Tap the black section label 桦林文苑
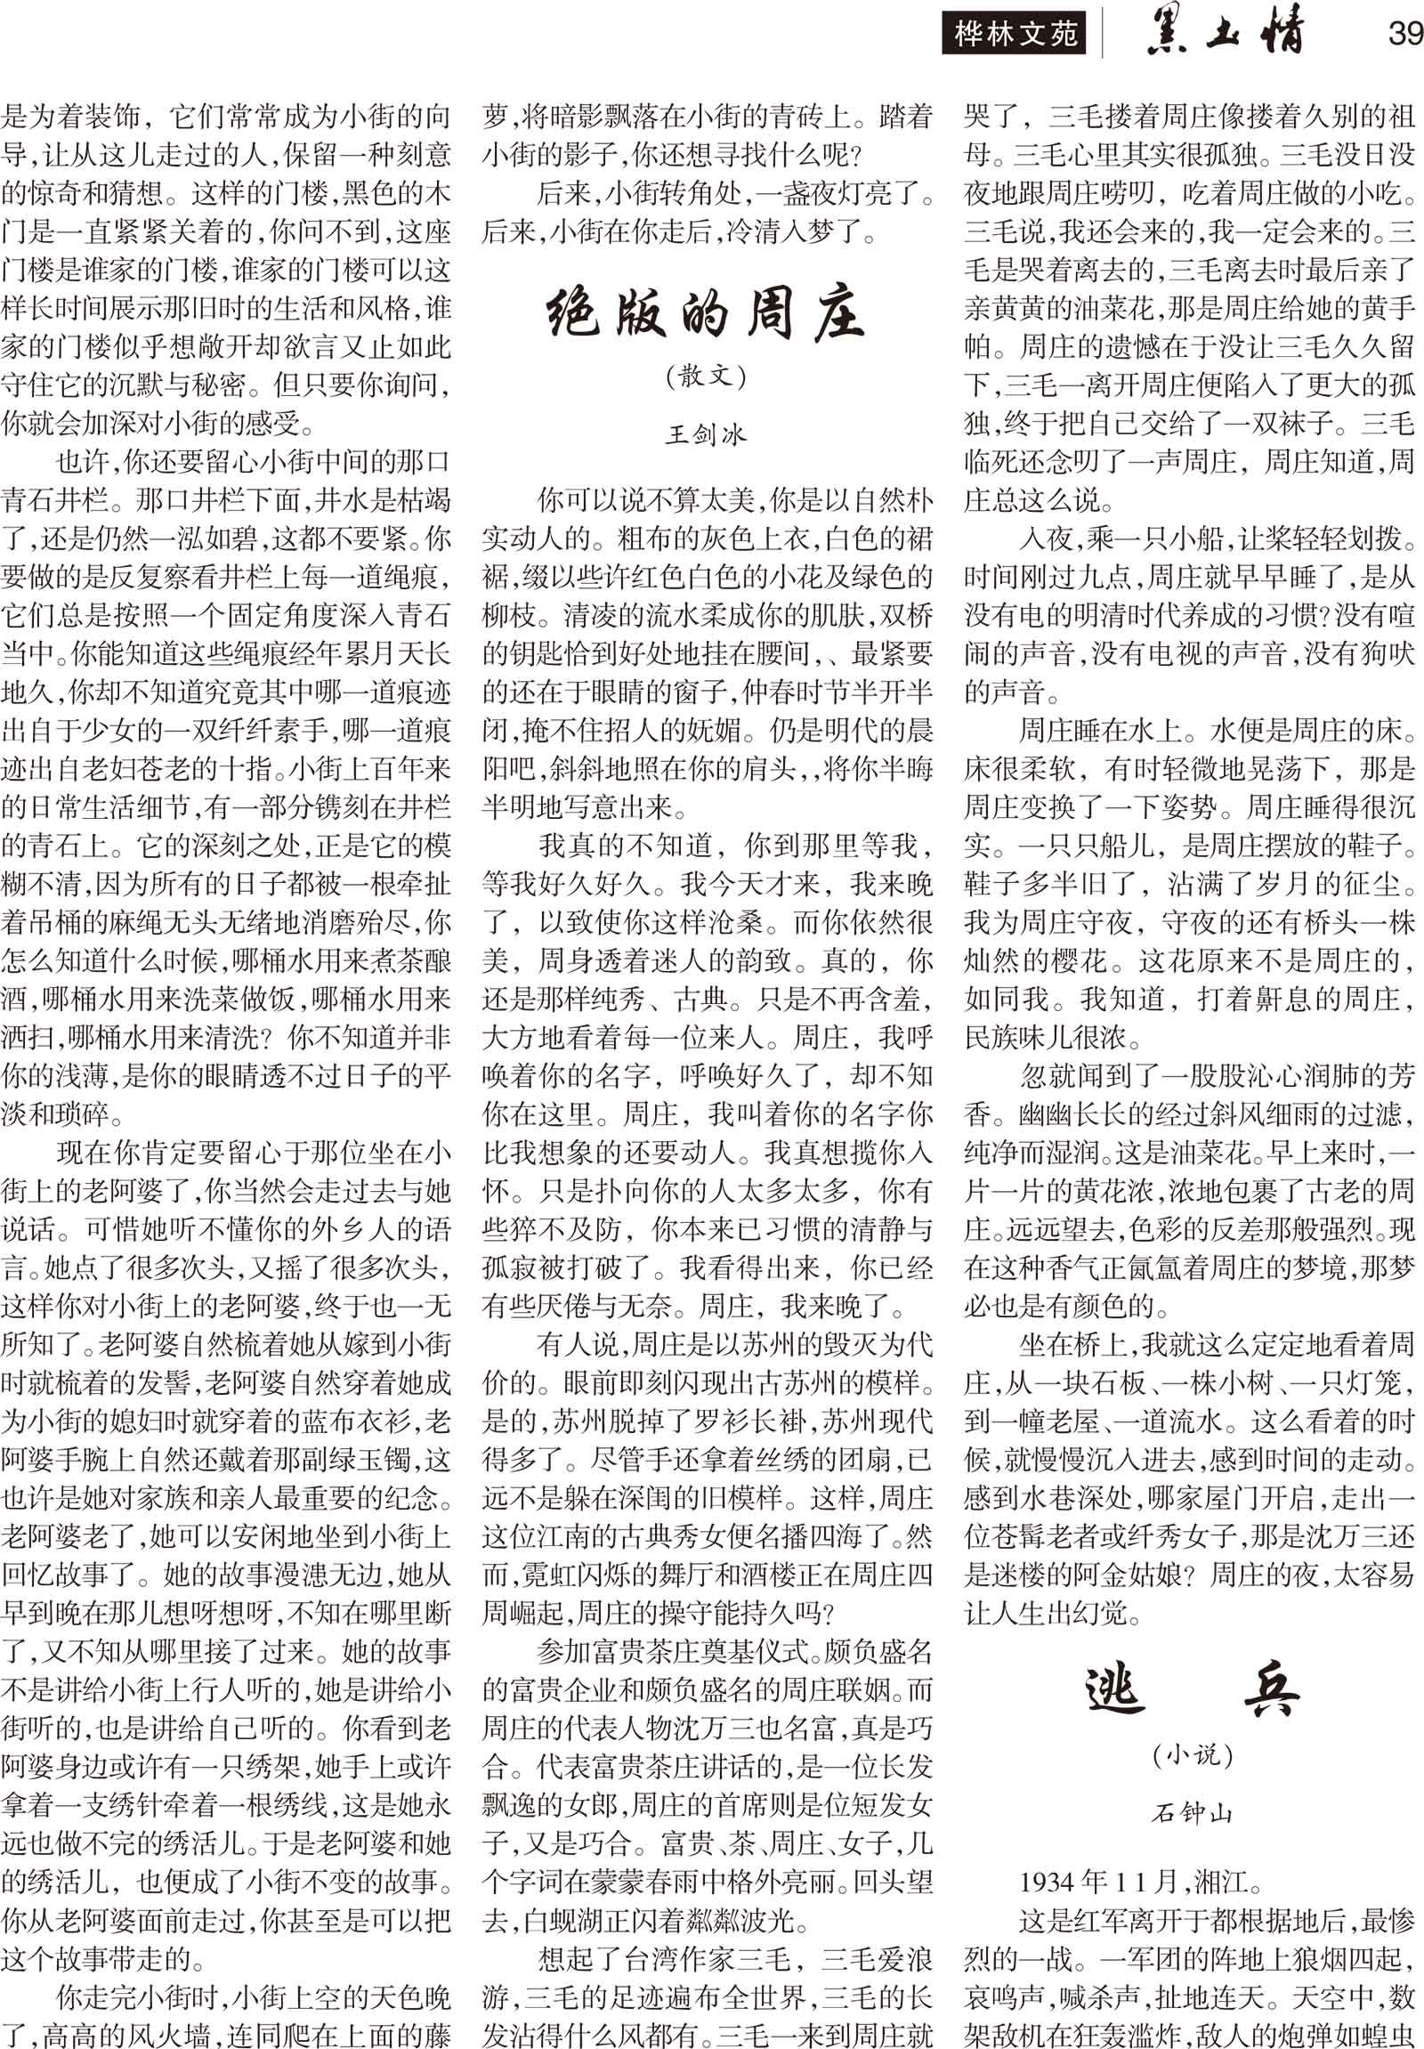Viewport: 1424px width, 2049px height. [1015, 35]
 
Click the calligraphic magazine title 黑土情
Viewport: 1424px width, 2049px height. [1225, 33]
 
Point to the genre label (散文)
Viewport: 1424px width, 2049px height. [705, 376]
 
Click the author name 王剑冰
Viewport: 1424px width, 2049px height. [705, 434]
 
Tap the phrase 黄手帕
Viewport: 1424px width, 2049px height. [1375, 309]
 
